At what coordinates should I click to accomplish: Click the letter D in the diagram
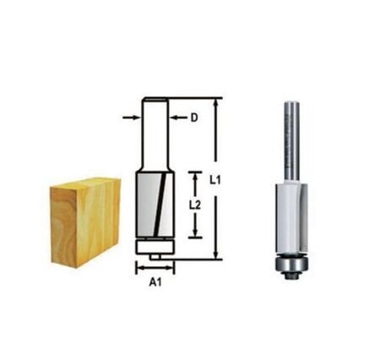[x=193, y=118]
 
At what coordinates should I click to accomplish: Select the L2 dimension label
[x=195, y=205]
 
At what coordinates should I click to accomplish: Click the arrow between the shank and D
[x=175, y=118]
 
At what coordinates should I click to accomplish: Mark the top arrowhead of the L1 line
[x=218, y=101]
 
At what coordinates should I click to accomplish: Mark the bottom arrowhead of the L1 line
[x=218, y=254]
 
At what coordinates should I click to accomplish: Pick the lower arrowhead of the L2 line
[x=196, y=234]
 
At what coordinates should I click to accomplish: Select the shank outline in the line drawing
[x=154, y=135]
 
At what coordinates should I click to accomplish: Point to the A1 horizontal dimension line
[x=154, y=269]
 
